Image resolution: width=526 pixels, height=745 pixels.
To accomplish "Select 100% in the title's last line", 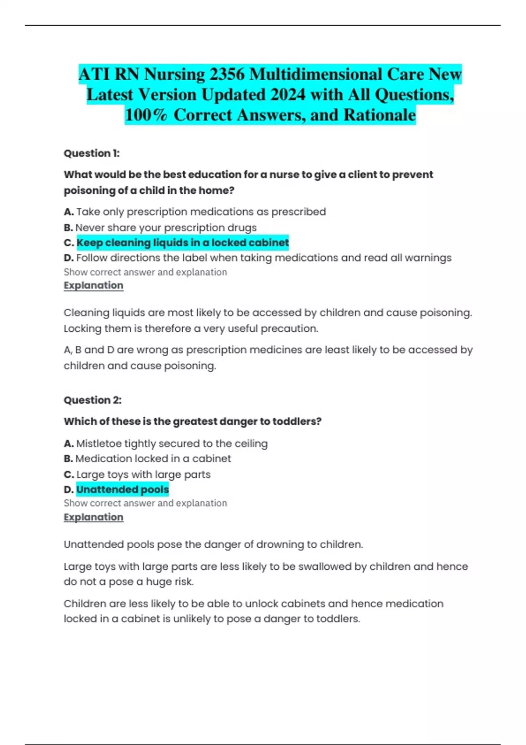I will [146, 115].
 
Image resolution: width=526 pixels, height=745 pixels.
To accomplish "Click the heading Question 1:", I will [92, 153].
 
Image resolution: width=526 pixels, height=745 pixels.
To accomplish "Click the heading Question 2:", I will [92, 400].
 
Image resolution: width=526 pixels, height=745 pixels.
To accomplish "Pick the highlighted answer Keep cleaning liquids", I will [182, 242].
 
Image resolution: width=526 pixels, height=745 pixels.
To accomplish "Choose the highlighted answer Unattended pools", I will [122, 489].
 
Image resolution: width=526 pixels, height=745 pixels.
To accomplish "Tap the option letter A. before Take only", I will [68, 212].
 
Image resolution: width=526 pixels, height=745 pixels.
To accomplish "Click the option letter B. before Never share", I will [68, 228].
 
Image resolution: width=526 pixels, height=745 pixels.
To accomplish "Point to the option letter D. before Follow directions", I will [68, 258].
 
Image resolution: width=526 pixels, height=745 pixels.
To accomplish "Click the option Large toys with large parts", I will [143, 474].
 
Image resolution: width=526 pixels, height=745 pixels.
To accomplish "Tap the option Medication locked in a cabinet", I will [153, 458].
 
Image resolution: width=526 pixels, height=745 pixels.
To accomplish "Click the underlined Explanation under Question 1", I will [93, 285].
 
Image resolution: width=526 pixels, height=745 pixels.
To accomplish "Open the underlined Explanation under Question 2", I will [93, 517].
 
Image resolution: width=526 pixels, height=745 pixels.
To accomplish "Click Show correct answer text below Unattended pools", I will [145, 503].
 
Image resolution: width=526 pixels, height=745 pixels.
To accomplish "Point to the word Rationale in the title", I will [380, 115].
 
